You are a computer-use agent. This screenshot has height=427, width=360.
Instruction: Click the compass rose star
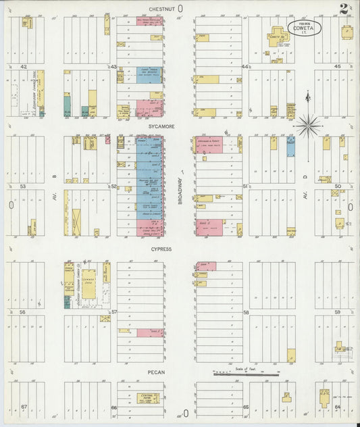(307, 124)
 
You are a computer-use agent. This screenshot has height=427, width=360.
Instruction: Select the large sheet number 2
(344, 9)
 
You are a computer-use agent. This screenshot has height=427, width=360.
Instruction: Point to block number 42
(23, 67)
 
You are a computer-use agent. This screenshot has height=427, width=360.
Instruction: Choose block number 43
(113, 67)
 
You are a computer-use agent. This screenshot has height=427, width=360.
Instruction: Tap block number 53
(23, 186)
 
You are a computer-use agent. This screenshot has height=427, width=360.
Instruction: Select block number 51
(245, 186)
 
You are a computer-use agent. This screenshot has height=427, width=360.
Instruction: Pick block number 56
(22, 312)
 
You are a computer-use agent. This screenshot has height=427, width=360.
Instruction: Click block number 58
(246, 312)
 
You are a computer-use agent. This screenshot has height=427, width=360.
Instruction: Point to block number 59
(337, 312)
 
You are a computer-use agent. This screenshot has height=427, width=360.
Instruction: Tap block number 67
(23, 407)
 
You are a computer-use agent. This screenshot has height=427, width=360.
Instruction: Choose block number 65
(246, 407)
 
